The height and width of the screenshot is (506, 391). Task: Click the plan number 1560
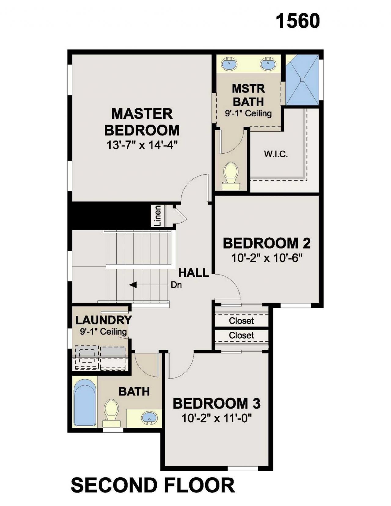(298, 21)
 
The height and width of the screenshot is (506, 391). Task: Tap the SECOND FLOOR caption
(152, 485)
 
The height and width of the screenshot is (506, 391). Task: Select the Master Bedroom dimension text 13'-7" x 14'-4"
(142, 145)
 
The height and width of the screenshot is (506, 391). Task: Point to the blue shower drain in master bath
(302, 80)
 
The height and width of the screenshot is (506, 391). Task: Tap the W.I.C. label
(276, 154)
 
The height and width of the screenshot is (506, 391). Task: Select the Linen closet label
(158, 216)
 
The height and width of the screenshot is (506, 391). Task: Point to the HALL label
(194, 273)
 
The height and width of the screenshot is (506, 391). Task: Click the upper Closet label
(241, 321)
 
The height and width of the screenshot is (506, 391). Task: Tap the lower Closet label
(241, 335)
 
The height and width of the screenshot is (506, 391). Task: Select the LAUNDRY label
(104, 320)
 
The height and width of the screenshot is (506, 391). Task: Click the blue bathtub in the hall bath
(85, 406)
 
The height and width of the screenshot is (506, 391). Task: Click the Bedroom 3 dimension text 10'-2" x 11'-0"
(217, 419)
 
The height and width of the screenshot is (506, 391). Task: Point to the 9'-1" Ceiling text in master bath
(248, 114)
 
